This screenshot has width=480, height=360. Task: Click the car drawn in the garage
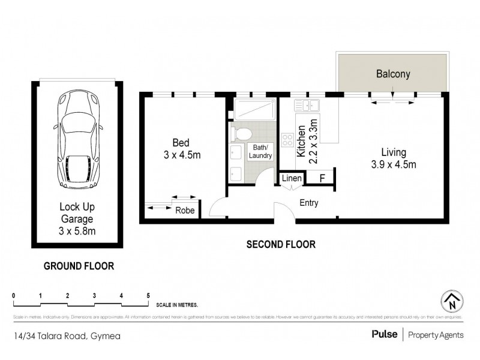coord(77,139)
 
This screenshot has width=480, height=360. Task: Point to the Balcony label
coord(393,74)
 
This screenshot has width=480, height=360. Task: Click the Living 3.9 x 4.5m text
coord(393,158)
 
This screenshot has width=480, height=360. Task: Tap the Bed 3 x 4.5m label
coord(181,149)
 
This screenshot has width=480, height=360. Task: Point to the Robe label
coord(185,211)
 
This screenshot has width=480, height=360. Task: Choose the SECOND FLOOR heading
coord(281,245)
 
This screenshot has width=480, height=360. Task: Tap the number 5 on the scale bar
coord(148,295)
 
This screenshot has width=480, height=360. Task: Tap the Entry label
coord(309,203)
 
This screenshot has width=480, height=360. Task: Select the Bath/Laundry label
coord(261,151)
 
